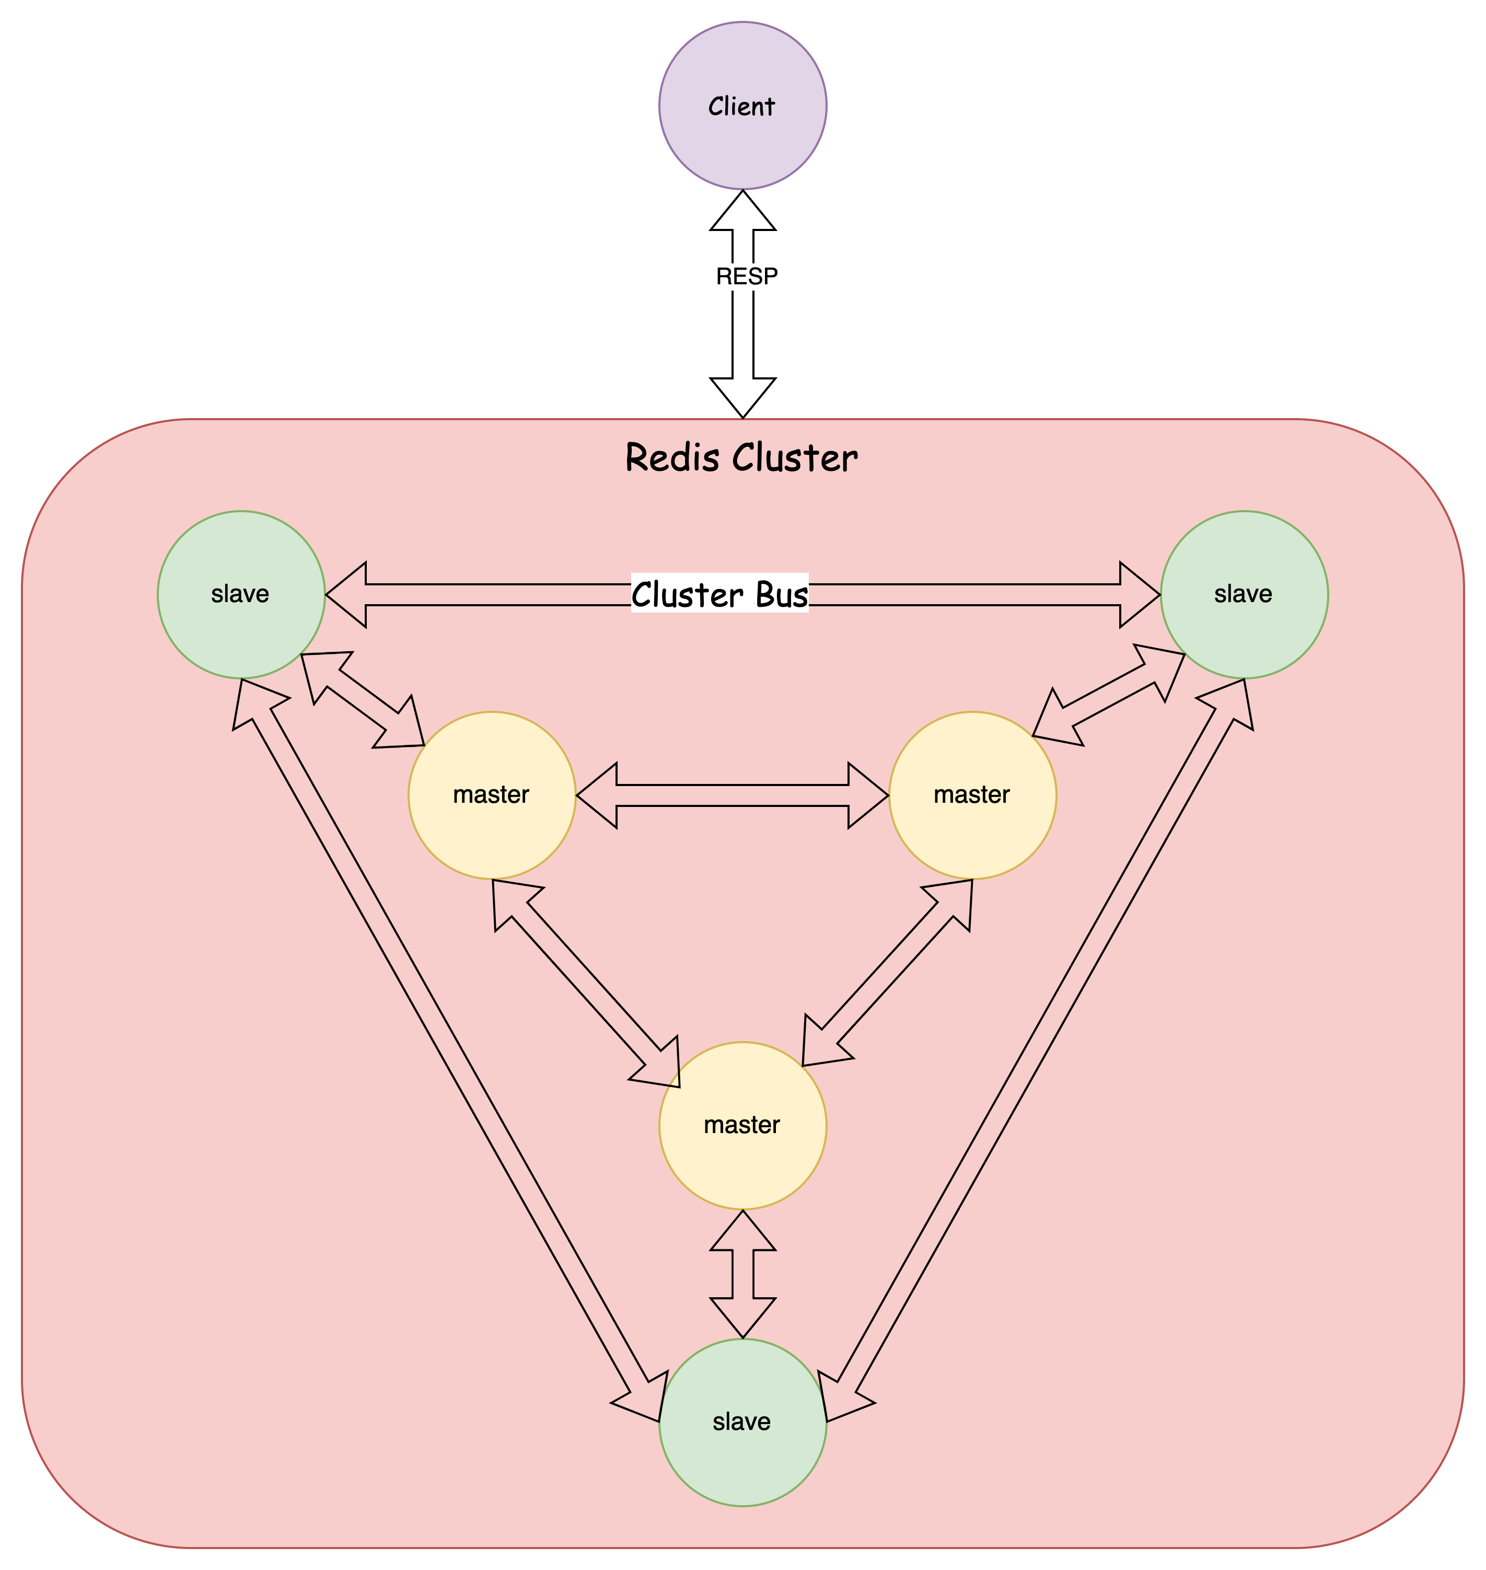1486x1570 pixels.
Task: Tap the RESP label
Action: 746,276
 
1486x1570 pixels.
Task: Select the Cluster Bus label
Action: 719,595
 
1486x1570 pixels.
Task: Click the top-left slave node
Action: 241,595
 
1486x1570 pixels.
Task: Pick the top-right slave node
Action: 1244,595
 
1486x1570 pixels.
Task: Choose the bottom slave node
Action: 742,1422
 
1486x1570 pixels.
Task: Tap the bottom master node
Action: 742,1125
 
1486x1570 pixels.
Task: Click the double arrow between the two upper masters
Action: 732,795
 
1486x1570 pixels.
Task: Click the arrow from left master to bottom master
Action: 586,982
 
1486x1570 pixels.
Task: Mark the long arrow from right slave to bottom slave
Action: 1038,1046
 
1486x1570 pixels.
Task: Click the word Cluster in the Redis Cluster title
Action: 795,458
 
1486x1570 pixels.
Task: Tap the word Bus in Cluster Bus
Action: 781,595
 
